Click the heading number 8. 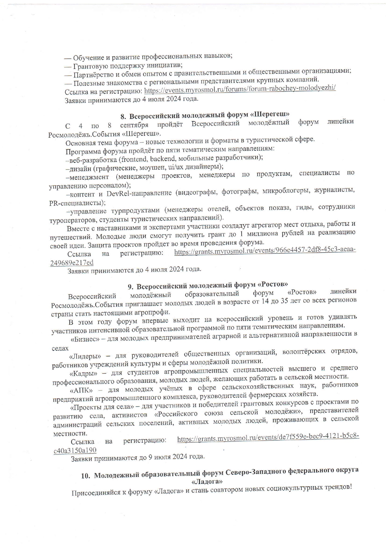pyautogui.click(x=123, y=117)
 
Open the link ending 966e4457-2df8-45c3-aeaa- pyautogui.click(x=265, y=251)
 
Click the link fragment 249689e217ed pyautogui.click(x=72, y=263)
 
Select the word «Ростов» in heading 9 pyautogui.click(x=273, y=285)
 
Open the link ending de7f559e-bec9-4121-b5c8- pyautogui.click(x=268, y=438)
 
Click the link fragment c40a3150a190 pyautogui.click(x=75, y=450)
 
